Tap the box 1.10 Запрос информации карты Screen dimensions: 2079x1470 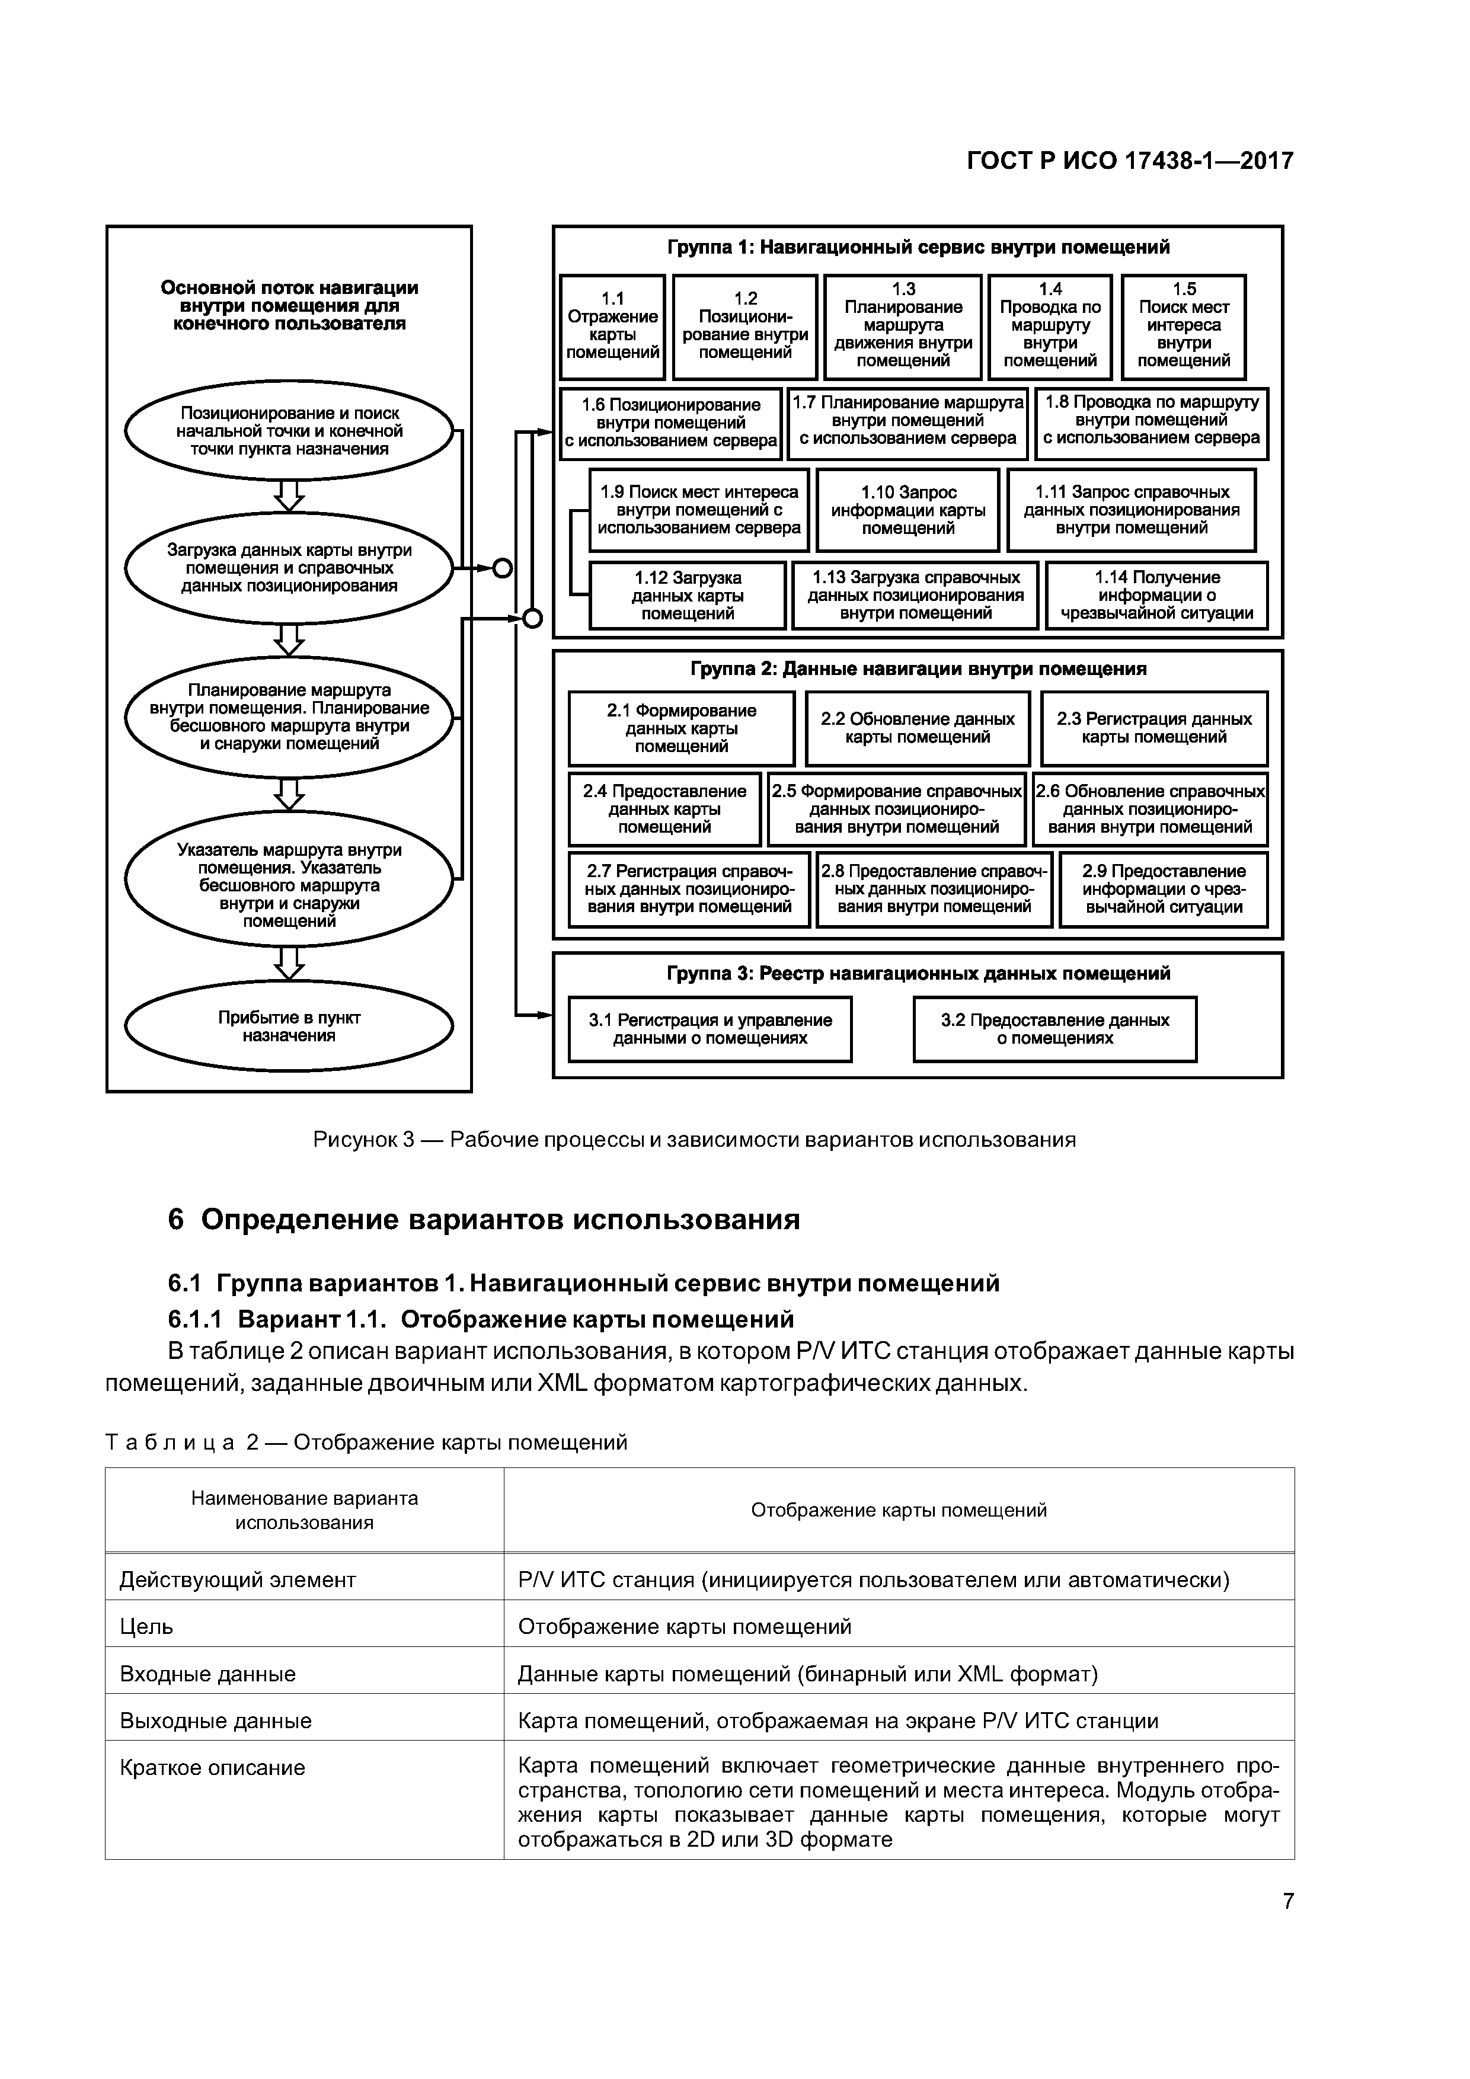907,510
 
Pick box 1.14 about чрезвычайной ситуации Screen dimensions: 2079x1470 1156,595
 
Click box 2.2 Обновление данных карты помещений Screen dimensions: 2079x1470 918,728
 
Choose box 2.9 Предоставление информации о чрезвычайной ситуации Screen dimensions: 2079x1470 1164,888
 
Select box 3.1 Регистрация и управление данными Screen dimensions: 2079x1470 710,1029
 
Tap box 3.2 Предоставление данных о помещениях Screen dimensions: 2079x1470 1054,1029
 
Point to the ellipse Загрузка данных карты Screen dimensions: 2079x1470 289,568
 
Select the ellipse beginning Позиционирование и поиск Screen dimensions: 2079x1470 289,431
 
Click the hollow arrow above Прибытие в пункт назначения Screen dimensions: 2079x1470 289,962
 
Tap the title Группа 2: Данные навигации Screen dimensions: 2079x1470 918,669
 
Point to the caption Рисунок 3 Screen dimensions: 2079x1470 694,1139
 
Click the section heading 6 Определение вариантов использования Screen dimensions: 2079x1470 484,1220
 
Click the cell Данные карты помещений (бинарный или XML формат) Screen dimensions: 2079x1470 807,1674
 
